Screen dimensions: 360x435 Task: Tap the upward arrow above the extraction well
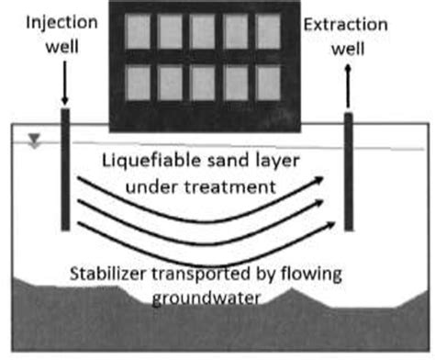point(350,90)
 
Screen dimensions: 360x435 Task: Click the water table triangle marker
point(35,141)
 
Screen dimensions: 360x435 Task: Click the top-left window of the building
point(136,31)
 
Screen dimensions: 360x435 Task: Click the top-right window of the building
point(267,31)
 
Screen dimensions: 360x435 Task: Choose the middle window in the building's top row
point(202,31)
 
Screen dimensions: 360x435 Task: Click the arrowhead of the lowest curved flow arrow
point(324,224)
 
